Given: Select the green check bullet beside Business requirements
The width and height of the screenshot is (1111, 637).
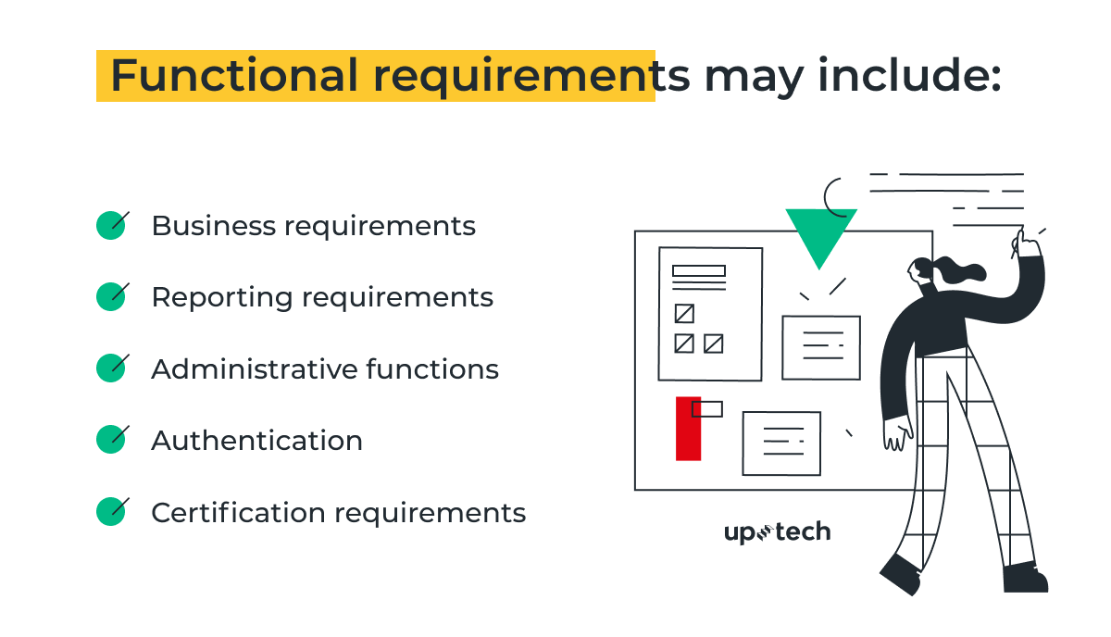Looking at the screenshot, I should (111, 225).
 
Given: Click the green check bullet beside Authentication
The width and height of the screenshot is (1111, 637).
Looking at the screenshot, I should (111, 439).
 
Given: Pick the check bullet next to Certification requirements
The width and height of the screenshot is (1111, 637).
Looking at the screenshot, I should (111, 511).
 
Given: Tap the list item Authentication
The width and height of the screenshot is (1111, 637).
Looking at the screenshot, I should (256, 440).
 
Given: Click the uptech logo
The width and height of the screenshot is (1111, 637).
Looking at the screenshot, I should (777, 532).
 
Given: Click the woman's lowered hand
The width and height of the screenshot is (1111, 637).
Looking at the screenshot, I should (897, 434).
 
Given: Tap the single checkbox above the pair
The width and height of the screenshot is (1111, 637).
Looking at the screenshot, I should (684, 313).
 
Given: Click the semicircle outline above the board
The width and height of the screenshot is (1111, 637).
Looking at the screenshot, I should (834, 195).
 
